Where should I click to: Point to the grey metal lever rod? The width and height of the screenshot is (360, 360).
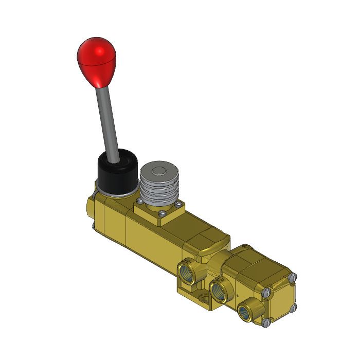tap(106, 118)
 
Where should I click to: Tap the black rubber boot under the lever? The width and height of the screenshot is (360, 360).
tap(117, 172)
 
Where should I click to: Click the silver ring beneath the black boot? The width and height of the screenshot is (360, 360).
tap(116, 194)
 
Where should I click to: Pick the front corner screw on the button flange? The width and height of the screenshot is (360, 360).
tap(161, 214)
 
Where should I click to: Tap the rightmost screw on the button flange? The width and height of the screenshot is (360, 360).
tap(179, 205)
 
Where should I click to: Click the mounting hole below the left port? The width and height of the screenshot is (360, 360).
tap(205, 299)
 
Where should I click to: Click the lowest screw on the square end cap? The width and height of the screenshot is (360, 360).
tap(265, 323)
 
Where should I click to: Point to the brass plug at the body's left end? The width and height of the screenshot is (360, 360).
tap(90, 208)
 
